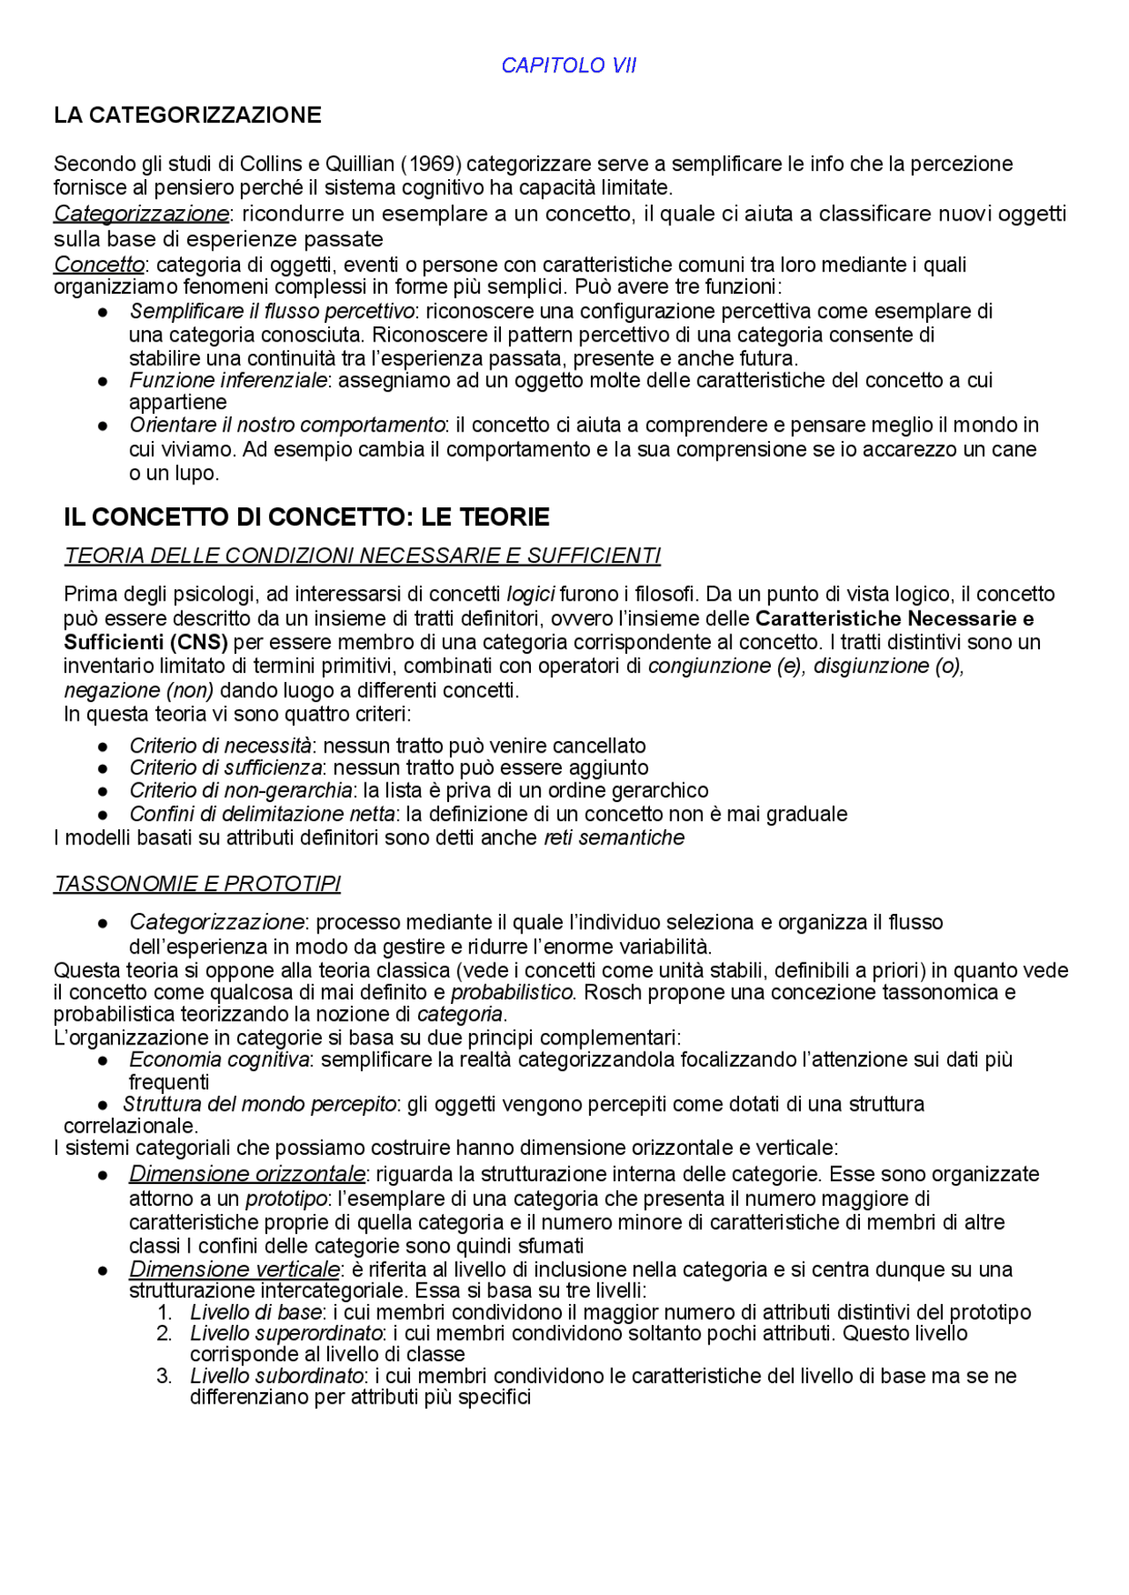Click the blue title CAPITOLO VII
click(568, 66)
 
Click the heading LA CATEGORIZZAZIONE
click(187, 116)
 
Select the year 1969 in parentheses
click(432, 164)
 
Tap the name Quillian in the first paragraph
click(360, 164)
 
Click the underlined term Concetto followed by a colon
click(99, 265)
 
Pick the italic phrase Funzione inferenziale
click(228, 380)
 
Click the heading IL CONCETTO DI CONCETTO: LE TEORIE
click(306, 517)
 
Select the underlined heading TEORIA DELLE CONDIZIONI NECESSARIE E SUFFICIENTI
click(362, 556)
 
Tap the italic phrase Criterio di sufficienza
click(225, 768)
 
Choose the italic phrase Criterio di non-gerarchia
click(240, 790)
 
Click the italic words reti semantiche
click(614, 838)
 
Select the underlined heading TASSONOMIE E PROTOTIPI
click(198, 884)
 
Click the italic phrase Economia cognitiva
click(219, 1060)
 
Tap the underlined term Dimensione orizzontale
click(246, 1174)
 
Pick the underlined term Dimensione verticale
click(234, 1269)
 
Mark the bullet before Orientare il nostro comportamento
click(103, 426)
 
